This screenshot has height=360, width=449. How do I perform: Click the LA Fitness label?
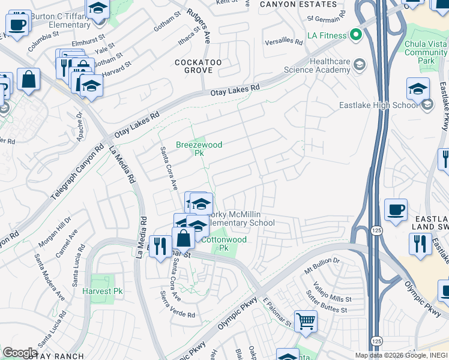327,36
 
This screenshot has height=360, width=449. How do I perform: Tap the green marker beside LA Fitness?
356,35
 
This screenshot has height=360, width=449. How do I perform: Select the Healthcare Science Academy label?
330,65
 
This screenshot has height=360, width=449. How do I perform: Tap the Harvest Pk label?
103,291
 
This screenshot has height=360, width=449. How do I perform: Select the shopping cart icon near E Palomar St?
306,321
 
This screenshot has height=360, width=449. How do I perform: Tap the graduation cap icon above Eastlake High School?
418,89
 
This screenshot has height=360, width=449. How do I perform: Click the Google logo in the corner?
20,352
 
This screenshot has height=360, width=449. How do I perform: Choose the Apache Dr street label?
80,124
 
